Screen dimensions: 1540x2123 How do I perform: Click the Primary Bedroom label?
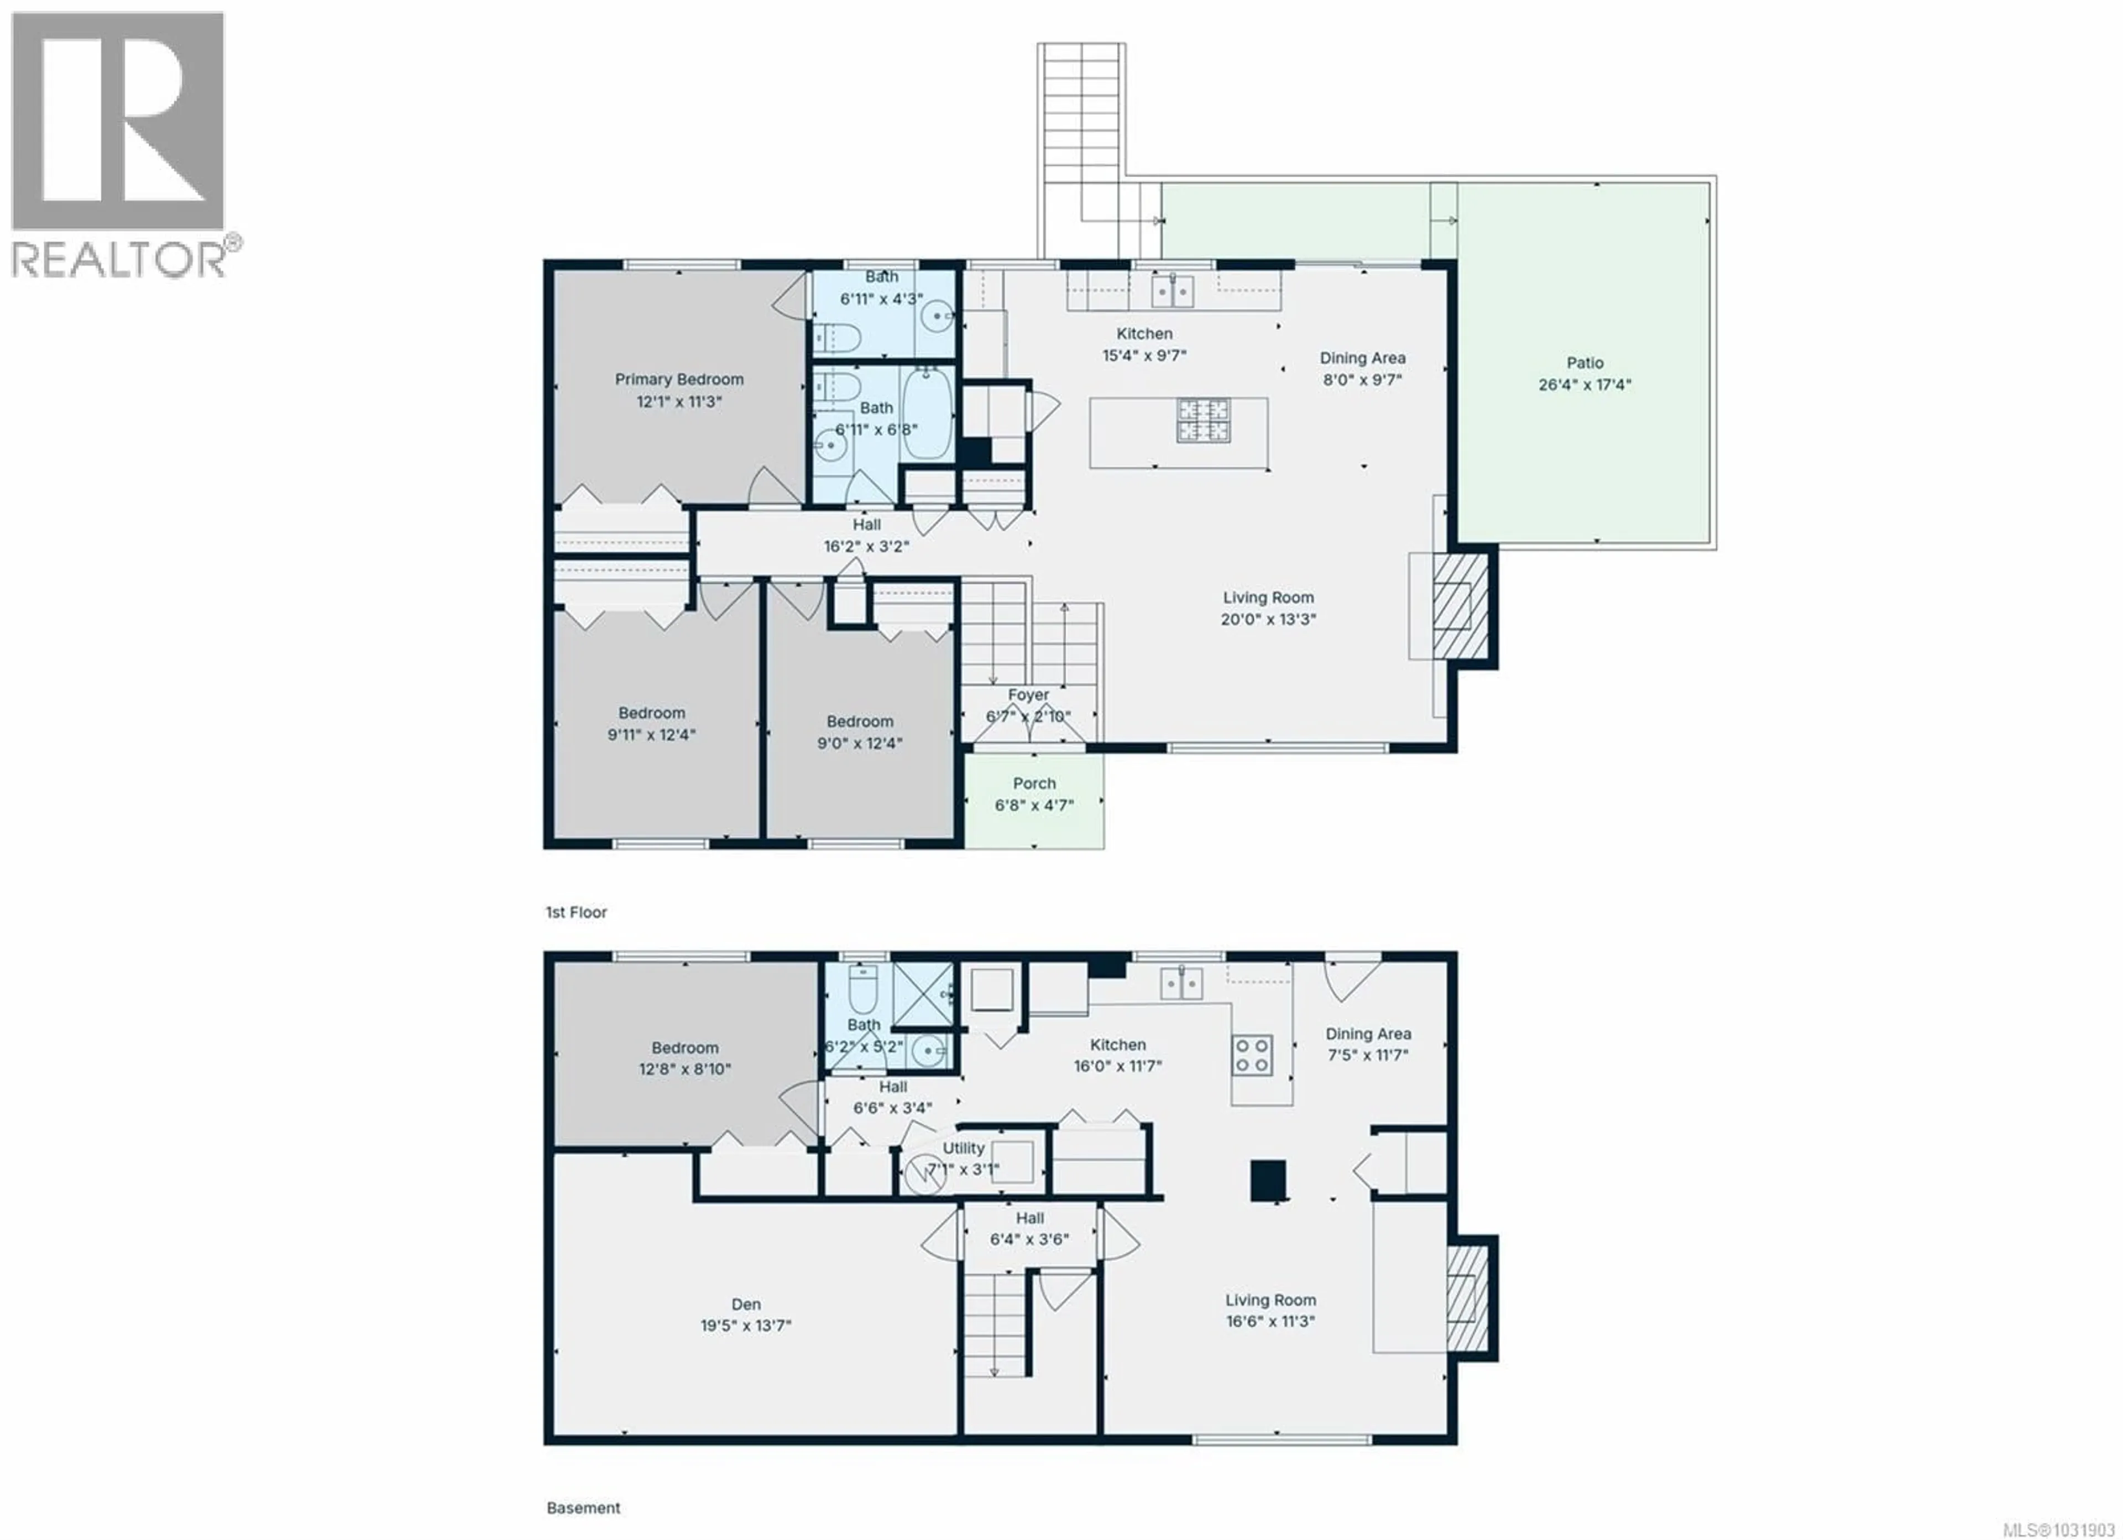point(679,379)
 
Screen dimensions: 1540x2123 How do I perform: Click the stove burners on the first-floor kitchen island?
point(1203,420)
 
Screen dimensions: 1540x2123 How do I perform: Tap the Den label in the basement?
point(745,1304)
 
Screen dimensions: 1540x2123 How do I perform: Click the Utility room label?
point(963,1148)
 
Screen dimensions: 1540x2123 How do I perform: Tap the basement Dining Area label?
point(1368,1034)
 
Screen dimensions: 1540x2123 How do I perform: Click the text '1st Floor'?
point(576,912)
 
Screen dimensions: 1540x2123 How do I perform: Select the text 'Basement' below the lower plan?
point(583,1508)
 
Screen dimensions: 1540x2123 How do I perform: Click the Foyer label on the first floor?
point(1028,695)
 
